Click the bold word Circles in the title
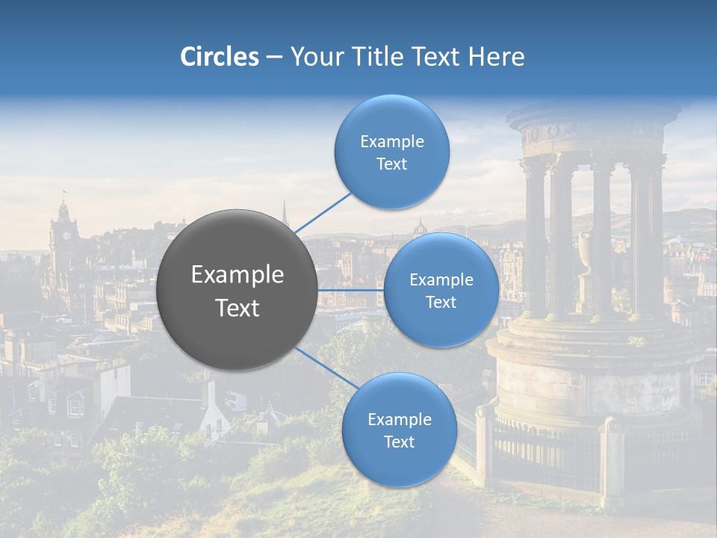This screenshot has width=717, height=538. [x=219, y=57]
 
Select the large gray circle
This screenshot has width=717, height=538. [x=237, y=290]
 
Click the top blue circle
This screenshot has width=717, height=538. [x=391, y=152]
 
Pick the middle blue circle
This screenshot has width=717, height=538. [x=441, y=290]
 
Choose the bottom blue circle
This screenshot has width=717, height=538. [x=399, y=430]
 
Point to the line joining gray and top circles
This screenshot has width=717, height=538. [x=323, y=211]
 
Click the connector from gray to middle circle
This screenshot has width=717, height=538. [x=350, y=289]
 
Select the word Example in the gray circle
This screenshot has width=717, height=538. [x=238, y=275]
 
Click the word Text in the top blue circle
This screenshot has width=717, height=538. [x=391, y=164]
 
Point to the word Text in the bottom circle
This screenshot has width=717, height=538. [x=399, y=442]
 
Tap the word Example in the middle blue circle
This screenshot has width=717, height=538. [x=441, y=279]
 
